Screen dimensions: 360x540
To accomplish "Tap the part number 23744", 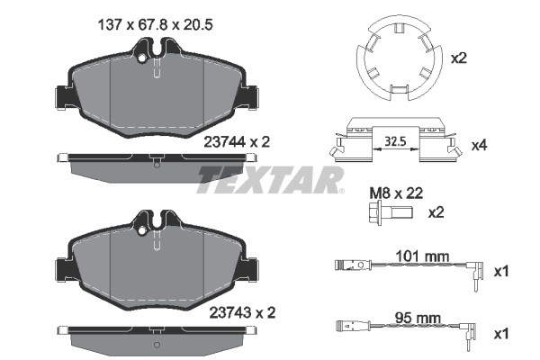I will click(226, 140).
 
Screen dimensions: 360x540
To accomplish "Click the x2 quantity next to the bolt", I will click(436, 213).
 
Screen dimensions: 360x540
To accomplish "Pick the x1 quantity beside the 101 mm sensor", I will click(502, 270).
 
